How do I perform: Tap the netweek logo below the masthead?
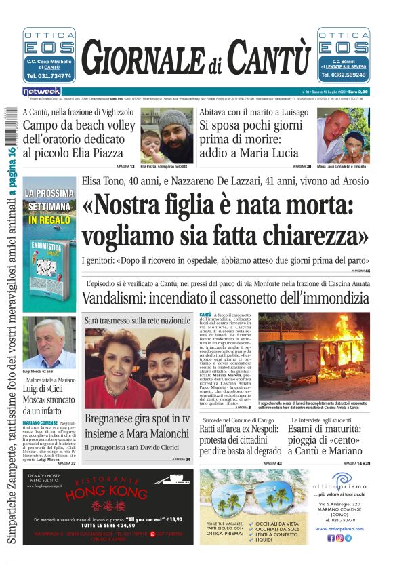click(41, 92)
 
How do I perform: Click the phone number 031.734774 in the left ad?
click(49, 76)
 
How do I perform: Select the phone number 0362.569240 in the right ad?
click(344, 76)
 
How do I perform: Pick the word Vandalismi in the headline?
click(119, 298)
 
